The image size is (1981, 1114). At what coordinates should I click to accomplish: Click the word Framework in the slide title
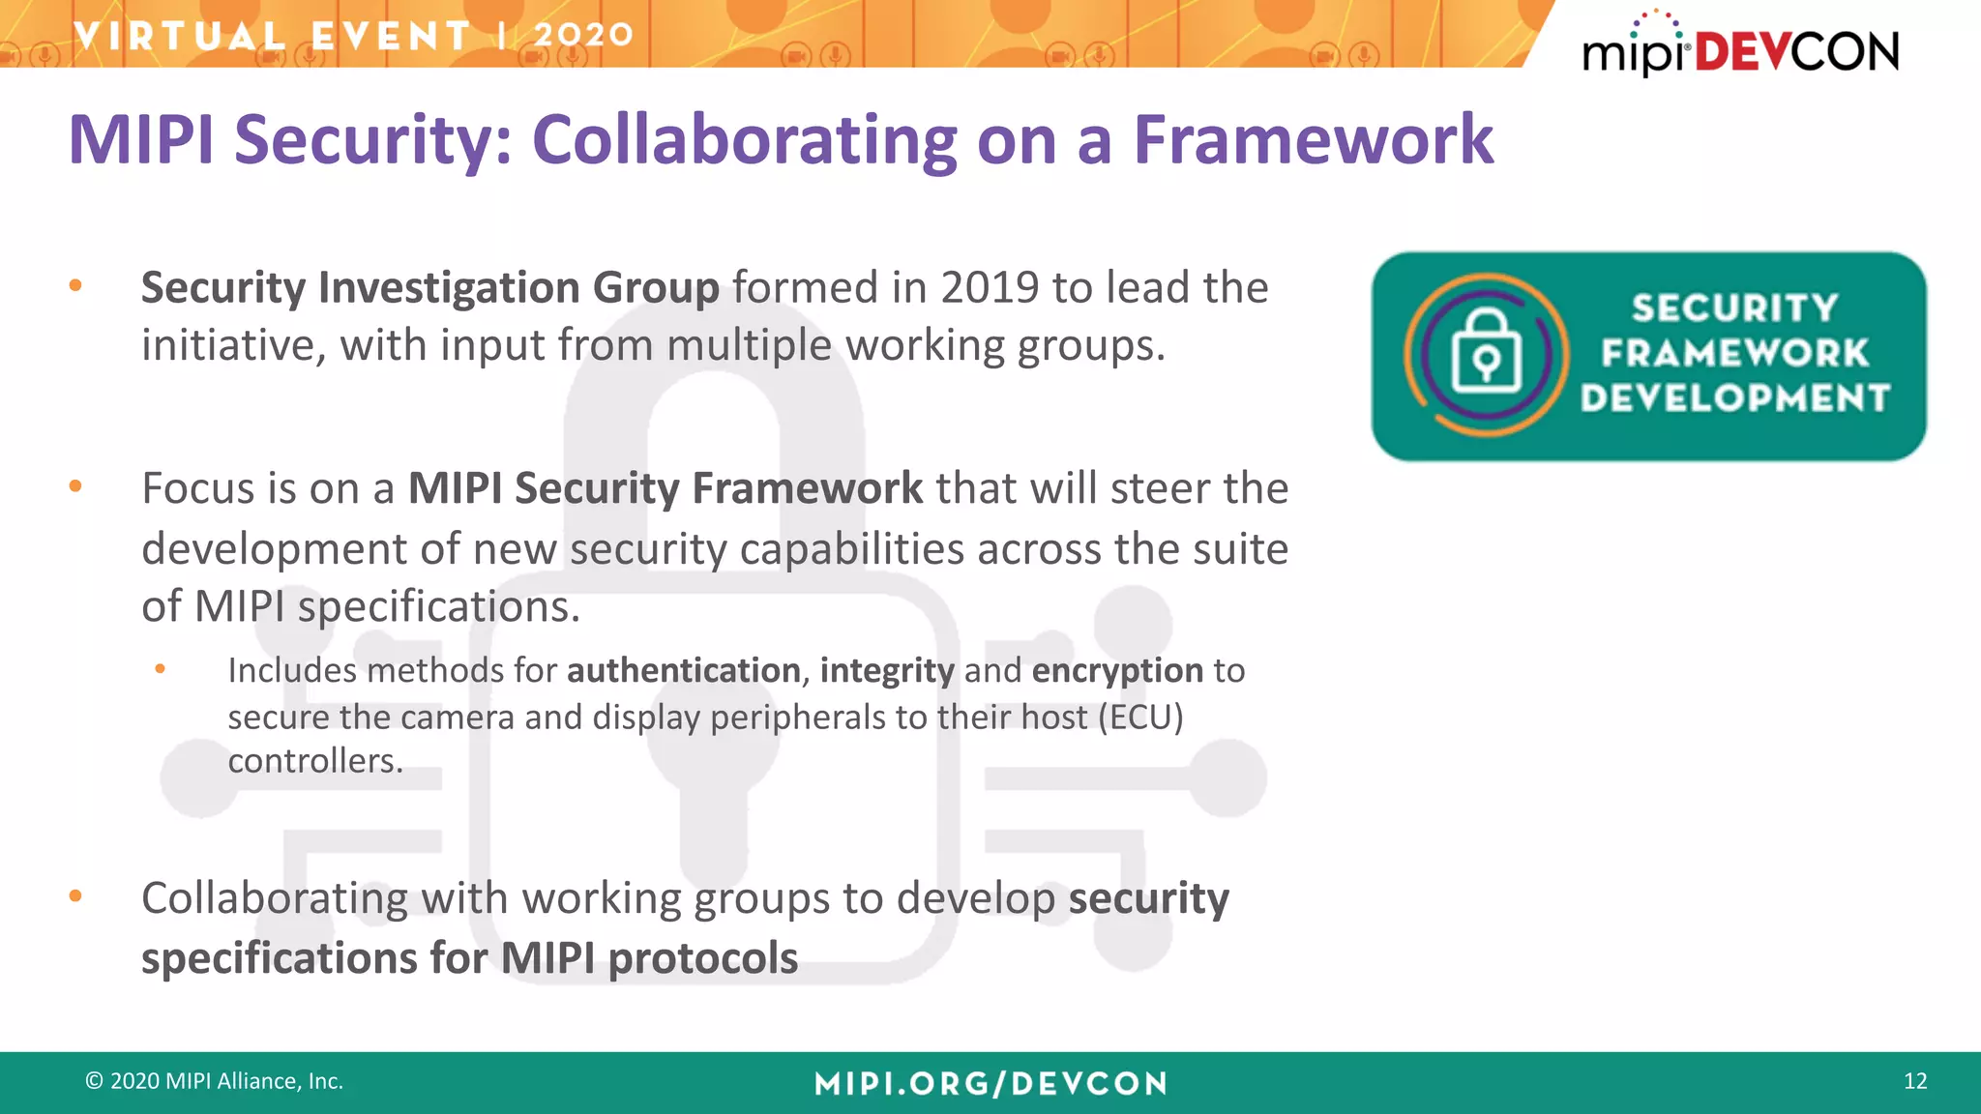point(1313,140)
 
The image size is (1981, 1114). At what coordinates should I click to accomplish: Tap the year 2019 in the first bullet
point(989,287)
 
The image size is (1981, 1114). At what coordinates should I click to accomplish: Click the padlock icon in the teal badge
point(1486,353)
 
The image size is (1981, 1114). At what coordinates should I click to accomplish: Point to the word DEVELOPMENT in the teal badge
point(1734,397)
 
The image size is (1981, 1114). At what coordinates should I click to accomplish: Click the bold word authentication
point(683,670)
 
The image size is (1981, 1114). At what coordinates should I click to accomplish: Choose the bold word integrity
point(887,671)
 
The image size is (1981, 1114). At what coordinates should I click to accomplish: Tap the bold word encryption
point(1117,671)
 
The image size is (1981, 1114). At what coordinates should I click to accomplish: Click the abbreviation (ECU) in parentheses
point(1140,718)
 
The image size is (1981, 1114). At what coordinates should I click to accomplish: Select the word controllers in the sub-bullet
point(314,761)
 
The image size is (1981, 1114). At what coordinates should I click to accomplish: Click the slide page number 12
point(1914,1081)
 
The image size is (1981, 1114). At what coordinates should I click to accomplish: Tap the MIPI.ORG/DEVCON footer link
point(990,1083)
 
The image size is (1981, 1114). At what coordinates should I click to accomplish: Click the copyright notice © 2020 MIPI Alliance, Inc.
point(215,1081)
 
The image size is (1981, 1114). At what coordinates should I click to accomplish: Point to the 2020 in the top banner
point(583,35)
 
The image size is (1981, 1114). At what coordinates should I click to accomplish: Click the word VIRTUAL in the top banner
point(180,37)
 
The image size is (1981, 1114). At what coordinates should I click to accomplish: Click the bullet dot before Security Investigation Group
point(75,285)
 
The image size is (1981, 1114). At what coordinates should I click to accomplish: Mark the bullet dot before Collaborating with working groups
point(75,896)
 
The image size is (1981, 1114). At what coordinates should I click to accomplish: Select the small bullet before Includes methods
point(161,668)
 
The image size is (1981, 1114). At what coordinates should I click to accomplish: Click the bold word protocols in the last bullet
point(702,958)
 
